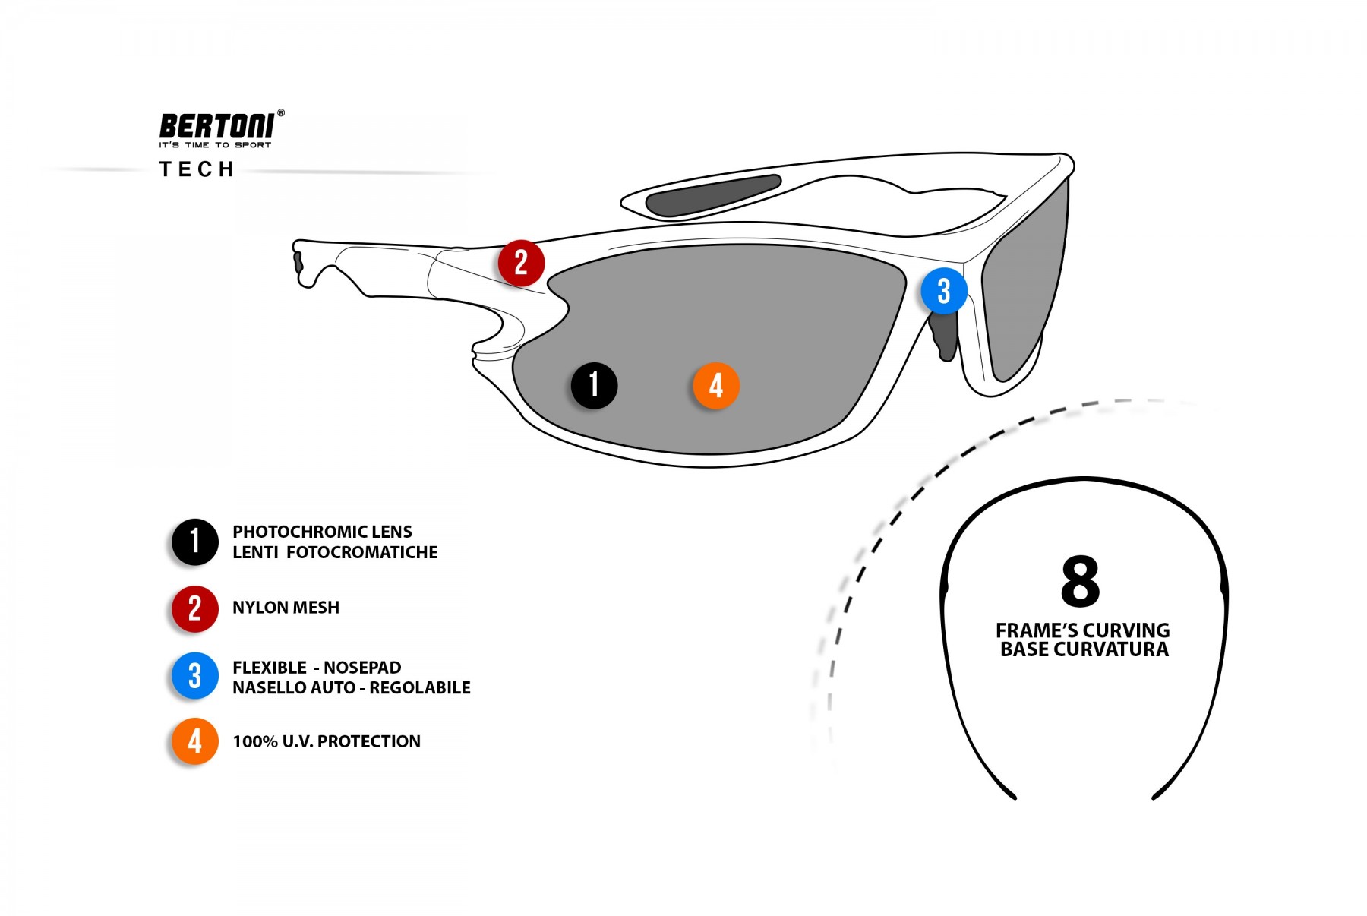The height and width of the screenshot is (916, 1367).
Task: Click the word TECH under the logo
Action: (197, 169)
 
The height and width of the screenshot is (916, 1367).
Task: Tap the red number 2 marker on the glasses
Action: (521, 263)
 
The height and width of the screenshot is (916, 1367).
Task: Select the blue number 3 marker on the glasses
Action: (943, 291)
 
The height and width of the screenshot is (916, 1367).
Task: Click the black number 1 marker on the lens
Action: (594, 385)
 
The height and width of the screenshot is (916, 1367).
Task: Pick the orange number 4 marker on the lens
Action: (715, 385)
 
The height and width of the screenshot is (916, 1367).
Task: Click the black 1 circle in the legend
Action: (195, 542)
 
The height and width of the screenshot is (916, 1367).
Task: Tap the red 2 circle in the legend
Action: (195, 608)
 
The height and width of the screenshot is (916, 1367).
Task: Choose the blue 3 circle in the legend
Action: (195, 676)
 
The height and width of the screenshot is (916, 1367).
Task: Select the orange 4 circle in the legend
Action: (195, 741)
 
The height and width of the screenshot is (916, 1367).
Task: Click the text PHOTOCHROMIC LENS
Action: (322, 532)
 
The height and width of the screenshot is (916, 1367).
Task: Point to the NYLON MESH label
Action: (286, 608)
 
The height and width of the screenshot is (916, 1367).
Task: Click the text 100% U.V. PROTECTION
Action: (327, 741)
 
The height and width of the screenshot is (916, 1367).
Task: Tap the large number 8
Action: (1080, 581)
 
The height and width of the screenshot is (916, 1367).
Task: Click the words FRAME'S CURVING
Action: (1082, 630)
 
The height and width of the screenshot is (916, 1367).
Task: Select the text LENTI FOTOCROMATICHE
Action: (335, 552)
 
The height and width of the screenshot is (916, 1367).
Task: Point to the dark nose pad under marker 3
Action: (944, 335)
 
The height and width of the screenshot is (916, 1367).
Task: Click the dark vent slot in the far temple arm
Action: (712, 194)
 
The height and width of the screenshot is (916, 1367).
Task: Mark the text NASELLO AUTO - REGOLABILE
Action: (352, 687)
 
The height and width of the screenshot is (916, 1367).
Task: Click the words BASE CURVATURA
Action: (1084, 649)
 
